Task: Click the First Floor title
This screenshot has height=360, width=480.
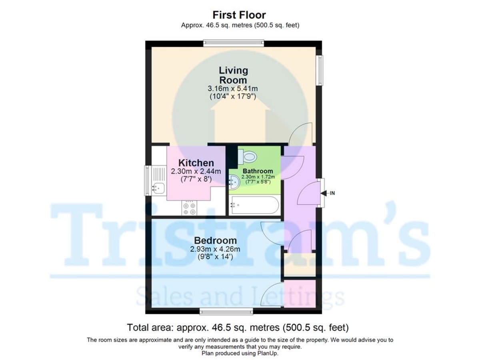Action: pyautogui.click(x=239, y=15)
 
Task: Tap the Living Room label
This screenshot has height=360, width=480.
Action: pyautogui.click(x=233, y=75)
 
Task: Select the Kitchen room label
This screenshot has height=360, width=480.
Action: pyautogui.click(x=196, y=163)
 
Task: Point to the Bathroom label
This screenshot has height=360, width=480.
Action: pyautogui.click(x=257, y=171)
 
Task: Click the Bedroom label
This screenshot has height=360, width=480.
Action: pyautogui.click(x=215, y=241)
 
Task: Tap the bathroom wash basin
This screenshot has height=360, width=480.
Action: pyautogui.click(x=234, y=182)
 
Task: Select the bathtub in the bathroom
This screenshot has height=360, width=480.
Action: pyautogui.click(x=254, y=205)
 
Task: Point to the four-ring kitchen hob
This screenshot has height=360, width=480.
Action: pyautogui.click(x=190, y=208)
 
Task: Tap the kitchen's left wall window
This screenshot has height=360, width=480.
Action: pyautogui.click(x=147, y=180)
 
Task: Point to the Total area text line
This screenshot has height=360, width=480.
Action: pyautogui.click(x=238, y=328)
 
